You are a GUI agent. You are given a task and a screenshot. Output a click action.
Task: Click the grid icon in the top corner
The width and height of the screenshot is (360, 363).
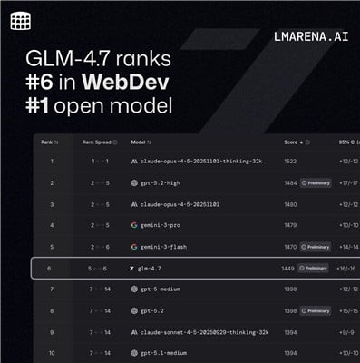pos(20,21)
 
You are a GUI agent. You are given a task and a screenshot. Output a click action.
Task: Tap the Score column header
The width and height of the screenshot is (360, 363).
pos(294,142)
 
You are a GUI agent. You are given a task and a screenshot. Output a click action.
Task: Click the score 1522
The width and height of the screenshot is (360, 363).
pos(290,161)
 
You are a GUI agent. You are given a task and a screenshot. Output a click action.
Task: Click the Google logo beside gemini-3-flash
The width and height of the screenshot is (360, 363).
pos(133,246)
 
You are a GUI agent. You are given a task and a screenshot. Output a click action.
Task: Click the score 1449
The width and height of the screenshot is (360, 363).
pos(287,268)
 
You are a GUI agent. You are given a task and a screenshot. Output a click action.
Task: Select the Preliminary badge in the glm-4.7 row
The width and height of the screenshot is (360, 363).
pos(314,268)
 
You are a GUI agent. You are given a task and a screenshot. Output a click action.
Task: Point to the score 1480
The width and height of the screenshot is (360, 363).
pos(290,203)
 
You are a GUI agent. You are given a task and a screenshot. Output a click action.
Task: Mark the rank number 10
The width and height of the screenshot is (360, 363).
pos(52,352)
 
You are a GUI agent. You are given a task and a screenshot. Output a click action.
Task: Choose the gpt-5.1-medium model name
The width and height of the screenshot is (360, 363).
pos(166,352)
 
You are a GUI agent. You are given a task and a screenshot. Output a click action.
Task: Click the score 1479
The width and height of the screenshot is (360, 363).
pos(290,225)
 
